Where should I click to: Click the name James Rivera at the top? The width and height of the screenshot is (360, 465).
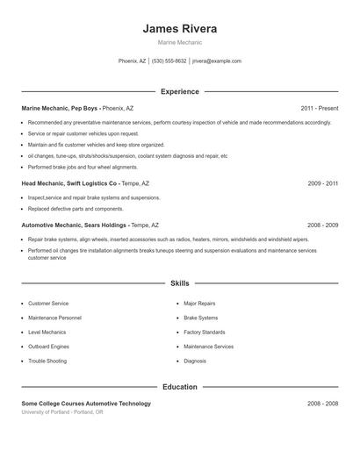179,28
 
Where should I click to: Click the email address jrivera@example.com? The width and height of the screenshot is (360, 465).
216,61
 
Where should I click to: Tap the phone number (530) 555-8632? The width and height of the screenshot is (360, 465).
169,61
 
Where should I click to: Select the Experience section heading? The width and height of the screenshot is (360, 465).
179,91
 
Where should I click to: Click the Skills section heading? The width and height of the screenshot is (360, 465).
179,283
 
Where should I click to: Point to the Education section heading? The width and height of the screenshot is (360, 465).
179,387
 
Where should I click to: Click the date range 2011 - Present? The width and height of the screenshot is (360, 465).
319,108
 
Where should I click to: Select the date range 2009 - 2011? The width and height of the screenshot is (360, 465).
322,183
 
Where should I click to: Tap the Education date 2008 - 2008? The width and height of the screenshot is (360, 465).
322,404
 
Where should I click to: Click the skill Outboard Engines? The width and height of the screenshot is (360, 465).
50,347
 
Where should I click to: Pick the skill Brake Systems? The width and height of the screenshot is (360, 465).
200,318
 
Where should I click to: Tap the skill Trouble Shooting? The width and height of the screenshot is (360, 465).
48,361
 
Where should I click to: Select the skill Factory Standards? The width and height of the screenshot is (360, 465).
204,333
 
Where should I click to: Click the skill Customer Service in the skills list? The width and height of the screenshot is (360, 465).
48,304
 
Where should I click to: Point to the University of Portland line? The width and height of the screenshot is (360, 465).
61,411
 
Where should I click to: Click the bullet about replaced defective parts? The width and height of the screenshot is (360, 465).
76,209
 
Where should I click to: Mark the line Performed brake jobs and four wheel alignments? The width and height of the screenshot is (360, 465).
83,167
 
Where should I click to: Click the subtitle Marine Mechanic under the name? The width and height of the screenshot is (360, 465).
179,42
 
